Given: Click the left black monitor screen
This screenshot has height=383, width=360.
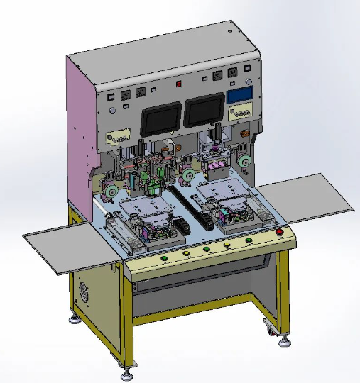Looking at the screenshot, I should (160, 118).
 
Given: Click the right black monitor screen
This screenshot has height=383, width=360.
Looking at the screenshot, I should (204, 112).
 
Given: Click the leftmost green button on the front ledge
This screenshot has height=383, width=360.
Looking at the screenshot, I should (164, 258).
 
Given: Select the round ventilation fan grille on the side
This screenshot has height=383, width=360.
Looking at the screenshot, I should (84, 292).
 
